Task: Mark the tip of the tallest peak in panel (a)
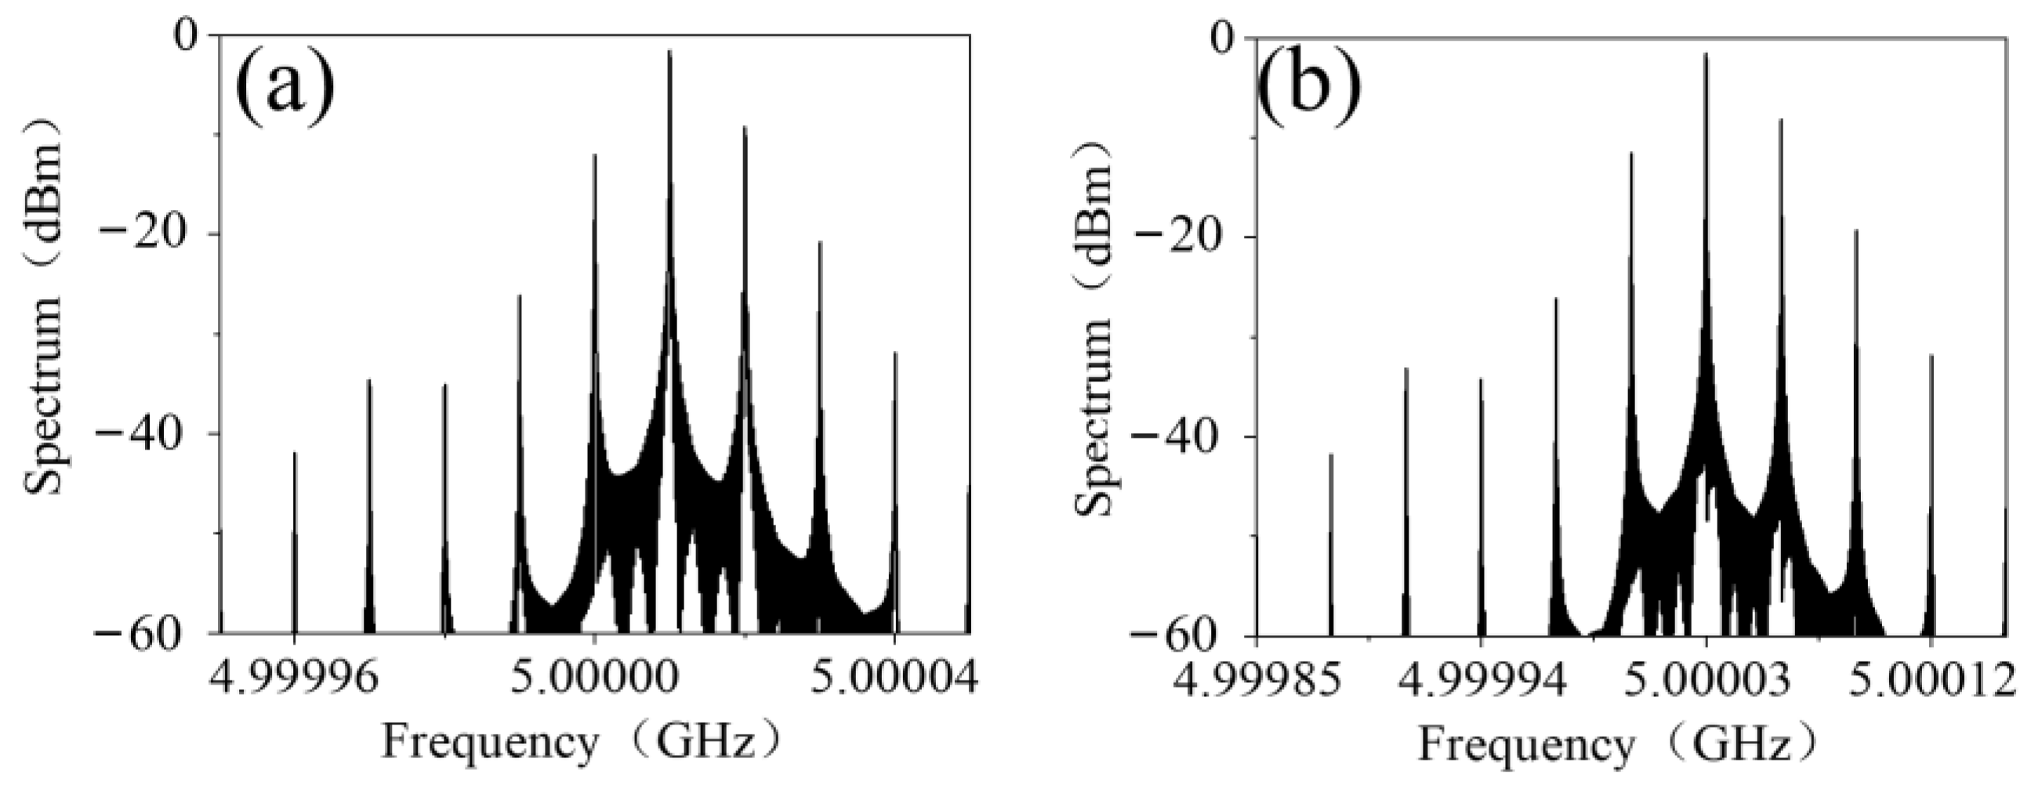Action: pos(669,50)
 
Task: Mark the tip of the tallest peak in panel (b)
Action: pos(1706,53)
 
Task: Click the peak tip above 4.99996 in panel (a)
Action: pos(295,452)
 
